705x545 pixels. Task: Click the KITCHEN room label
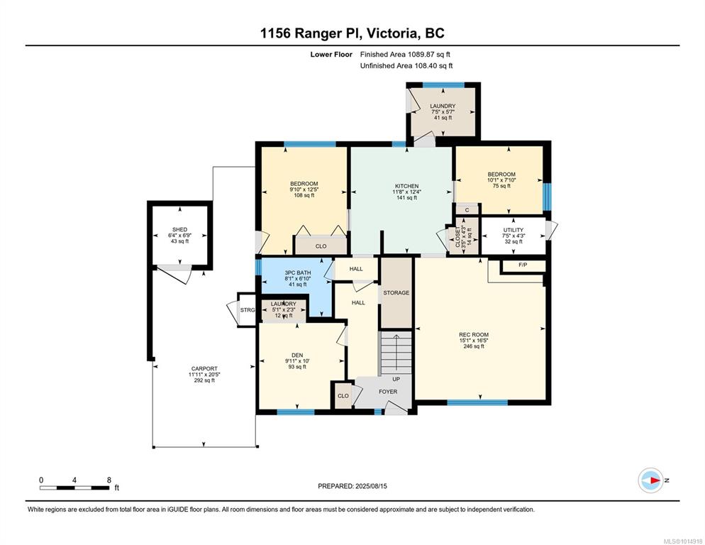tap(407, 186)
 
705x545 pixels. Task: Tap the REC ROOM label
tap(474, 335)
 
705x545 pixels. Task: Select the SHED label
tap(180, 229)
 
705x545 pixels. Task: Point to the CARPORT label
tap(204, 368)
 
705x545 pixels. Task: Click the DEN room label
tap(297, 356)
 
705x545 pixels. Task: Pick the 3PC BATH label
tap(298, 272)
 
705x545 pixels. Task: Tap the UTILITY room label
tap(514, 230)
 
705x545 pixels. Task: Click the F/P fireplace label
tap(523, 265)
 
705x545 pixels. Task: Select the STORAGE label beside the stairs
tap(396, 293)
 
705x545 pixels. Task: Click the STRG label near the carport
tap(248, 310)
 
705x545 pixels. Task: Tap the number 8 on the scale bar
tap(109, 480)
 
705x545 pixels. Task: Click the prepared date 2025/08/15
tap(371, 486)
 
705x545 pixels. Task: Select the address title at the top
tap(352, 33)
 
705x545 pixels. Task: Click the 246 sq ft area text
tap(474, 346)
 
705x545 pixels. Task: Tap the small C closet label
tap(467, 210)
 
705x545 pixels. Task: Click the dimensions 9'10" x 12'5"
tap(304, 189)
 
